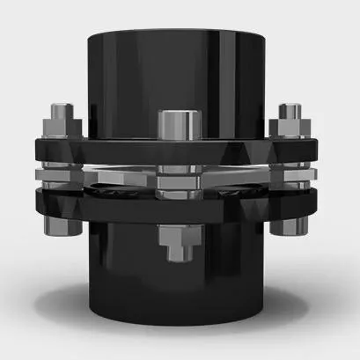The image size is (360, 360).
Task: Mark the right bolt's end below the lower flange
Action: pyautogui.click(x=291, y=224)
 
